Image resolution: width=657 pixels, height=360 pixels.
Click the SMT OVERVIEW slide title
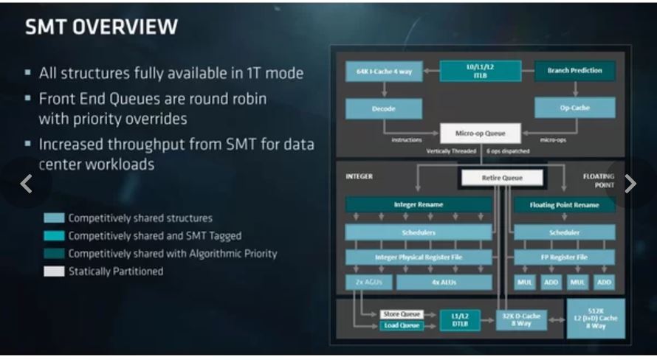(x=101, y=27)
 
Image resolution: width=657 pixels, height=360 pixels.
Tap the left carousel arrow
(x=27, y=184)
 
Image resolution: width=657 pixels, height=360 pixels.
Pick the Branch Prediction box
(x=574, y=71)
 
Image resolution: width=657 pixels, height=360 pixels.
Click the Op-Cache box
(x=574, y=108)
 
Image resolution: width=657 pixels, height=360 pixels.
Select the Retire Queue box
(x=502, y=178)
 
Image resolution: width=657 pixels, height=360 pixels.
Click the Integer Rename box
(x=418, y=204)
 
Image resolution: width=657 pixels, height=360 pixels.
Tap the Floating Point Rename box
(x=563, y=204)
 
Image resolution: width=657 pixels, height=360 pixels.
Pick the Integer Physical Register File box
(x=418, y=257)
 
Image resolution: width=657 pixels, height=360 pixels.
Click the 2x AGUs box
(x=367, y=283)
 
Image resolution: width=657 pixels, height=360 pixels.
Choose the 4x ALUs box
(x=444, y=283)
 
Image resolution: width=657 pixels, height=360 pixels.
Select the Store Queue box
(x=402, y=314)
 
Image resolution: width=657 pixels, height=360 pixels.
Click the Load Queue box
(x=402, y=325)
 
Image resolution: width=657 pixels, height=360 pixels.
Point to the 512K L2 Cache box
(x=595, y=318)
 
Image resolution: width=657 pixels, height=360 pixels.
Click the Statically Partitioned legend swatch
(x=54, y=271)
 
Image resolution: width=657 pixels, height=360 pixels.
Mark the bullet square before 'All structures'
(x=27, y=73)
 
